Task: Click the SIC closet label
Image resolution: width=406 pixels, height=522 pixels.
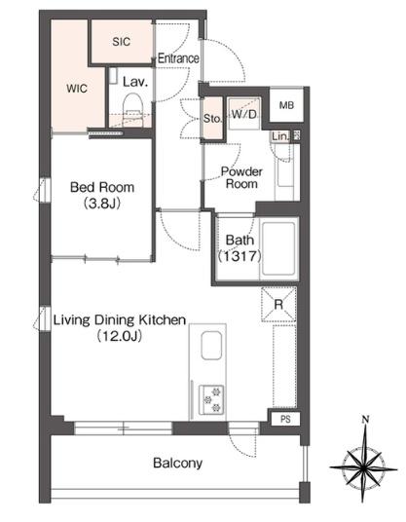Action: [x=121, y=42]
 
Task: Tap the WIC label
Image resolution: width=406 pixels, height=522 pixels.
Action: [x=77, y=89]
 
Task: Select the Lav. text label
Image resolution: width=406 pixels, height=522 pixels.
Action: [x=135, y=82]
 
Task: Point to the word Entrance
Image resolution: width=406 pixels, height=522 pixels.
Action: [x=178, y=58]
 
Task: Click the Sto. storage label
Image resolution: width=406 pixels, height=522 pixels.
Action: [x=212, y=119]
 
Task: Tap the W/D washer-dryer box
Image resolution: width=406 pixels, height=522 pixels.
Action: [x=244, y=114]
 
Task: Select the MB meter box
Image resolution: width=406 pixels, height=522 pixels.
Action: [x=286, y=105]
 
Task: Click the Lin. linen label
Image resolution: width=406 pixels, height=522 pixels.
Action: [x=280, y=136]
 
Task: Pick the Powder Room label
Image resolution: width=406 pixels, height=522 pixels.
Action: [x=241, y=178]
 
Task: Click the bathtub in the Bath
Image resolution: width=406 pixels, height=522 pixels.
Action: [x=278, y=249]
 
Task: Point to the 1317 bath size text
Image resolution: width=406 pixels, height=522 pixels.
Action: [x=240, y=256]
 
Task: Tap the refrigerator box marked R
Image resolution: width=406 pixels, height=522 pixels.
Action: [x=278, y=304]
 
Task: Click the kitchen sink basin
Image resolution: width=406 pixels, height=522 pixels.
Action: [x=211, y=346]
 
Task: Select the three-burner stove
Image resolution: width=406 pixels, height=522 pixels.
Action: [x=211, y=400]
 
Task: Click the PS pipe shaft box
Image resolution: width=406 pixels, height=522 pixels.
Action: [x=285, y=419]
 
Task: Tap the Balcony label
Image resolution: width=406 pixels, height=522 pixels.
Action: [x=178, y=463]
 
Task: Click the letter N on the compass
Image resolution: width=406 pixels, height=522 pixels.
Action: [x=365, y=420]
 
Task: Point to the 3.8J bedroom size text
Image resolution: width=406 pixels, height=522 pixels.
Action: [x=102, y=204]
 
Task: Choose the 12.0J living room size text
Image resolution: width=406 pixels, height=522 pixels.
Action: [x=120, y=336]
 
